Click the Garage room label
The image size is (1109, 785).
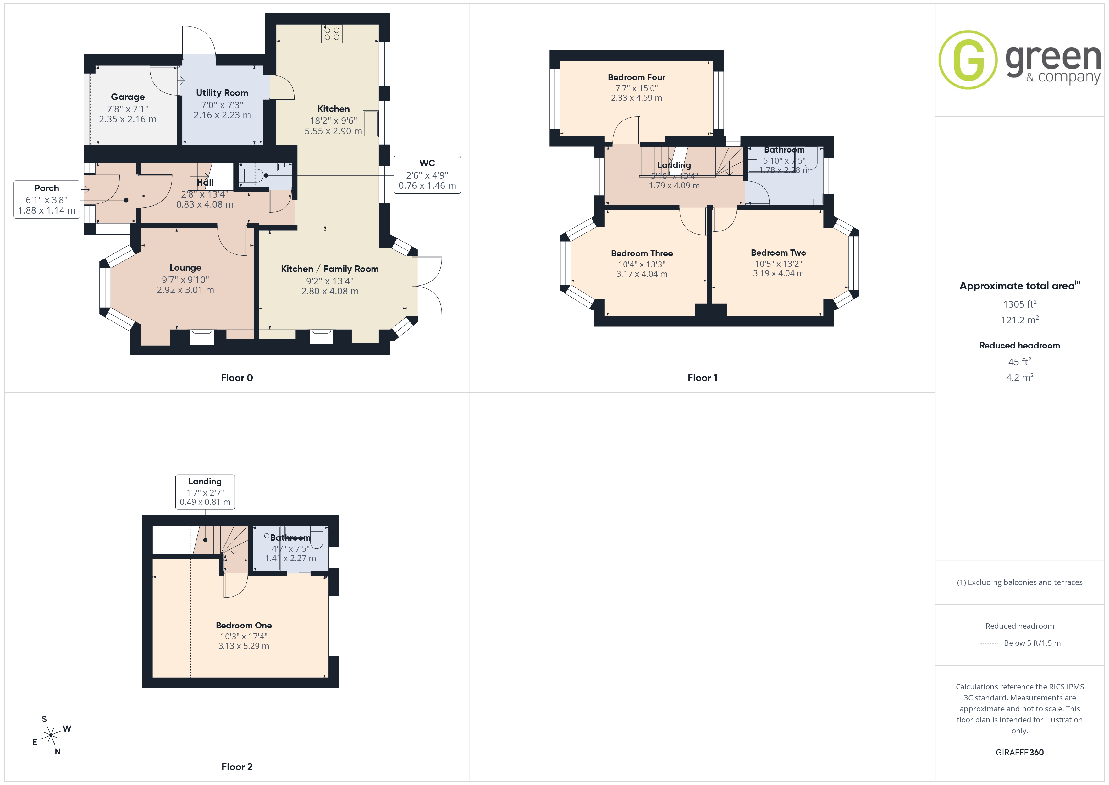[x=128, y=97]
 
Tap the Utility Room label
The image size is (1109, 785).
[x=222, y=93]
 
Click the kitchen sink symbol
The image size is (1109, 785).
[x=371, y=124]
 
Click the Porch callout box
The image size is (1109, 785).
[x=47, y=199]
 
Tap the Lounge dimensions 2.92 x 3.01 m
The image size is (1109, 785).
[x=185, y=290]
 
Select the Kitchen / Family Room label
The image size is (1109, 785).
[x=330, y=269]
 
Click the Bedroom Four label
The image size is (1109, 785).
[x=637, y=77]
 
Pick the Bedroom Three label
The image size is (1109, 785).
[x=642, y=253]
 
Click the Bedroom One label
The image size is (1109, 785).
[x=244, y=626]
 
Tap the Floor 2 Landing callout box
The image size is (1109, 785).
[x=205, y=492]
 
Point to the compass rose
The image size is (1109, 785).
[x=51, y=736]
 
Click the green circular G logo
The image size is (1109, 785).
[x=968, y=60]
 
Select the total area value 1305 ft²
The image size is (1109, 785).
[x=1020, y=304]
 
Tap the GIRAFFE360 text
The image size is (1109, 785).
[x=1020, y=753]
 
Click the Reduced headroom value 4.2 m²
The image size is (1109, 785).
[x=1020, y=377]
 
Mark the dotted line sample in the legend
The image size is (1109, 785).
[x=988, y=643]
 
